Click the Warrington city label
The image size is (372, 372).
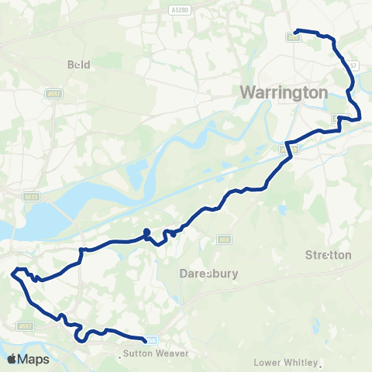pyautogui.click(x=284, y=91)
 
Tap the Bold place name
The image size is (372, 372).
pyautogui.click(x=80, y=65)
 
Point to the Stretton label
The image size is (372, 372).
pyautogui.click(x=329, y=254)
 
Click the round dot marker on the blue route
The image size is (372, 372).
pyautogui.click(x=146, y=232)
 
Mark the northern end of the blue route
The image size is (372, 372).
pyautogui.click(x=297, y=32)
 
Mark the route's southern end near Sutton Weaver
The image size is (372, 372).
pyautogui.click(x=145, y=339)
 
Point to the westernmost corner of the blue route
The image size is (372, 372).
pyautogui.click(x=12, y=273)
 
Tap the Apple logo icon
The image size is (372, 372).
pyautogui.click(x=12, y=359)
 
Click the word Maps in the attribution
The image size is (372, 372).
pyautogui.click(x=35, y=359)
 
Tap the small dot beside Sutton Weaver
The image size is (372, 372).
pyautogui.click(x=120, y=357)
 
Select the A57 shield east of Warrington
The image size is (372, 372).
pyautogui.click(x=353, y=66)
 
